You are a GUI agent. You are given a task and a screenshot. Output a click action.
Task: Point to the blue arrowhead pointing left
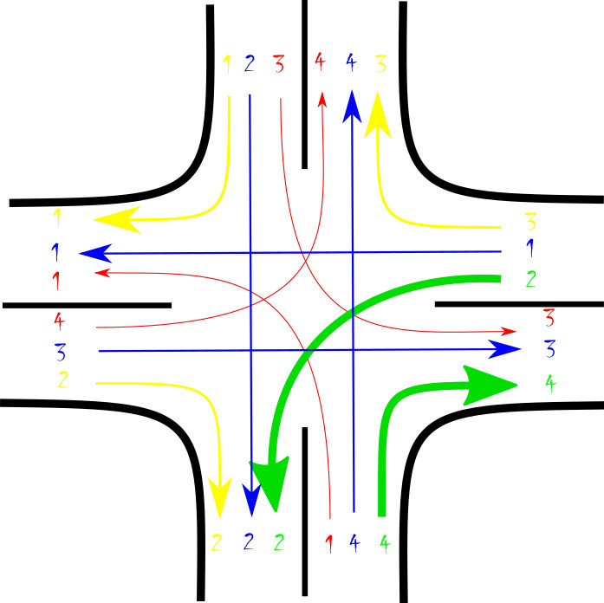[95, 253]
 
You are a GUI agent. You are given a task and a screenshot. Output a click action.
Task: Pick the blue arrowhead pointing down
[251, 498]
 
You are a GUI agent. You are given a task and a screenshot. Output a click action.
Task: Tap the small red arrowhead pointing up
[322, 100]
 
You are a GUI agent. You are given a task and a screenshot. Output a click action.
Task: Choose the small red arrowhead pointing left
[101, 273]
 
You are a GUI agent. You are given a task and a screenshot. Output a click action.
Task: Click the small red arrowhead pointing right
[509, 331]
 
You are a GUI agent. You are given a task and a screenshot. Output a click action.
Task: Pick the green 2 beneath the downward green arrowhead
[279, 543]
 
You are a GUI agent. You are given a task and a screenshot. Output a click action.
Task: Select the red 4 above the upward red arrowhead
[320, 62]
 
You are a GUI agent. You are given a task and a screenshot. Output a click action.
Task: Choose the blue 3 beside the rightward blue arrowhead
[549, 349]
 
